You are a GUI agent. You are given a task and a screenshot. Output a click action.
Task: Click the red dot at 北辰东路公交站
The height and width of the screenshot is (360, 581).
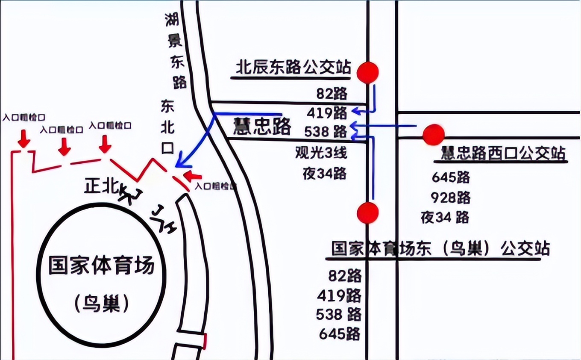(368, 72)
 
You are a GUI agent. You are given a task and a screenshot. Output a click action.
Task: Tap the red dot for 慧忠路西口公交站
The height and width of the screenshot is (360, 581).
(434, 135)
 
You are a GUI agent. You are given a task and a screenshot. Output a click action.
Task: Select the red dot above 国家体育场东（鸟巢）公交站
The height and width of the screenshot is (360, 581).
(368, 213)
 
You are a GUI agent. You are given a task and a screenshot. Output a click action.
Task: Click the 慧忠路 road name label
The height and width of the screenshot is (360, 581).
(262, 127)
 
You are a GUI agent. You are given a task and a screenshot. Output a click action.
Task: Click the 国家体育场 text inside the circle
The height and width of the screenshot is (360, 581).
(101, 266)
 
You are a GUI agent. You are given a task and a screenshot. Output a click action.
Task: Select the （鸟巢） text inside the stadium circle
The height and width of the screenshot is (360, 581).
(101, 304)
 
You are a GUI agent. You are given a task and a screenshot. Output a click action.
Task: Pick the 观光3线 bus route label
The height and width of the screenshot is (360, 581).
(321, 153)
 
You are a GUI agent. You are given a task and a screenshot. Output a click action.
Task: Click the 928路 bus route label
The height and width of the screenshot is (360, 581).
(451, 198)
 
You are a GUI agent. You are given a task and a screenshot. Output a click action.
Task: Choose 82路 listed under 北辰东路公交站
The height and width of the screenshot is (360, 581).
(332, 94)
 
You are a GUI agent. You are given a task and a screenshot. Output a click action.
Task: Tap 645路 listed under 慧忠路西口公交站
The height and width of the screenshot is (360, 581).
(451, 177)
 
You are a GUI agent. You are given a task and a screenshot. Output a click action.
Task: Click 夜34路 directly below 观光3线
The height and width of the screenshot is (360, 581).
(324, 174)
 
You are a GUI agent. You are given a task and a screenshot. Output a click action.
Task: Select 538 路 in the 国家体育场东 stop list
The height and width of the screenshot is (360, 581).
(338, 314)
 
